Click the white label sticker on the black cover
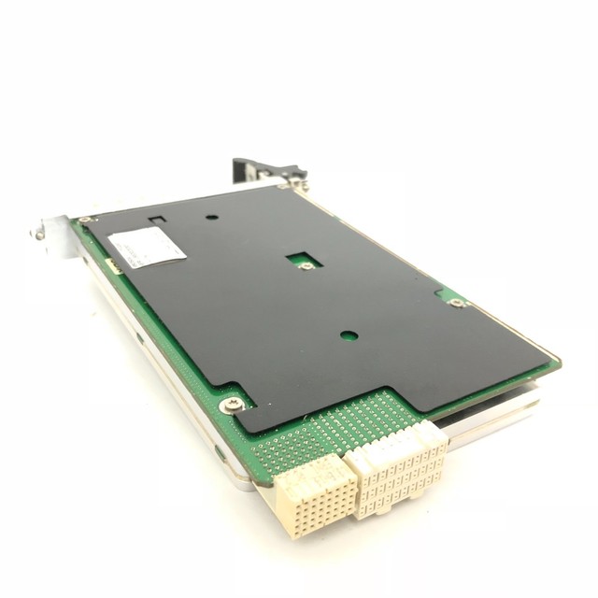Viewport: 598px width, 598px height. point(147,248)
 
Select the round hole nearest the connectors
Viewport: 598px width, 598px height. point(349,335)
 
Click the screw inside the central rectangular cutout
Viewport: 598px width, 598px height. point(306,265)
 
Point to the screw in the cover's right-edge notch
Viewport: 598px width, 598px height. point(456,303)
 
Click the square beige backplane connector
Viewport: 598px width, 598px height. point(313,495)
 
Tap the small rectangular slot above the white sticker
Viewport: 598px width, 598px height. point(157,221)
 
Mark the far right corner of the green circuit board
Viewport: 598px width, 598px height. point(558,362)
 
